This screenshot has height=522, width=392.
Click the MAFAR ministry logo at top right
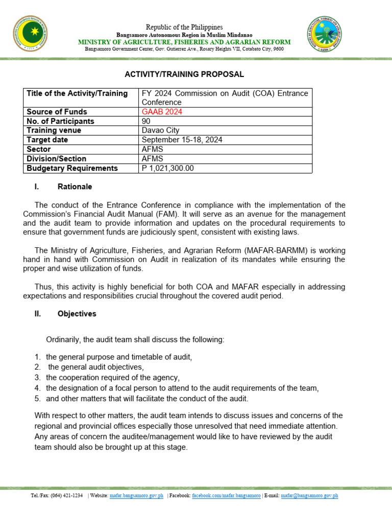(330, 37)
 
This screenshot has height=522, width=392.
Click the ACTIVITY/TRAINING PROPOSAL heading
(184, 74)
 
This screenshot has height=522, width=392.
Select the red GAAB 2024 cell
(162, 112)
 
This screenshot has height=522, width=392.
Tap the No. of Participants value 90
(146, 121)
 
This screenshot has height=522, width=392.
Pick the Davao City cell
(160, 130)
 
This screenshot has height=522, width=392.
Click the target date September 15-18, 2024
(182, 140)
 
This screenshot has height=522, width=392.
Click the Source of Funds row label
(57, 112)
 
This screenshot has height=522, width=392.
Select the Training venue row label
(54, 130)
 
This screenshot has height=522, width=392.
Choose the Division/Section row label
(56, 159)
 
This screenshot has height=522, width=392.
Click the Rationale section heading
(75, 187)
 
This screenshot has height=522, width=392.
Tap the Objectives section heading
(77, 314)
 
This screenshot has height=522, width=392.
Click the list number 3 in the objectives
(37, 378)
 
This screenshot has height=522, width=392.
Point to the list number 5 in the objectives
(37, 399)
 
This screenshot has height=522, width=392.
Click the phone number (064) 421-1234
(66, 495)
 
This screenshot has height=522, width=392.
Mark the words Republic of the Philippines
(184, 27)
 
